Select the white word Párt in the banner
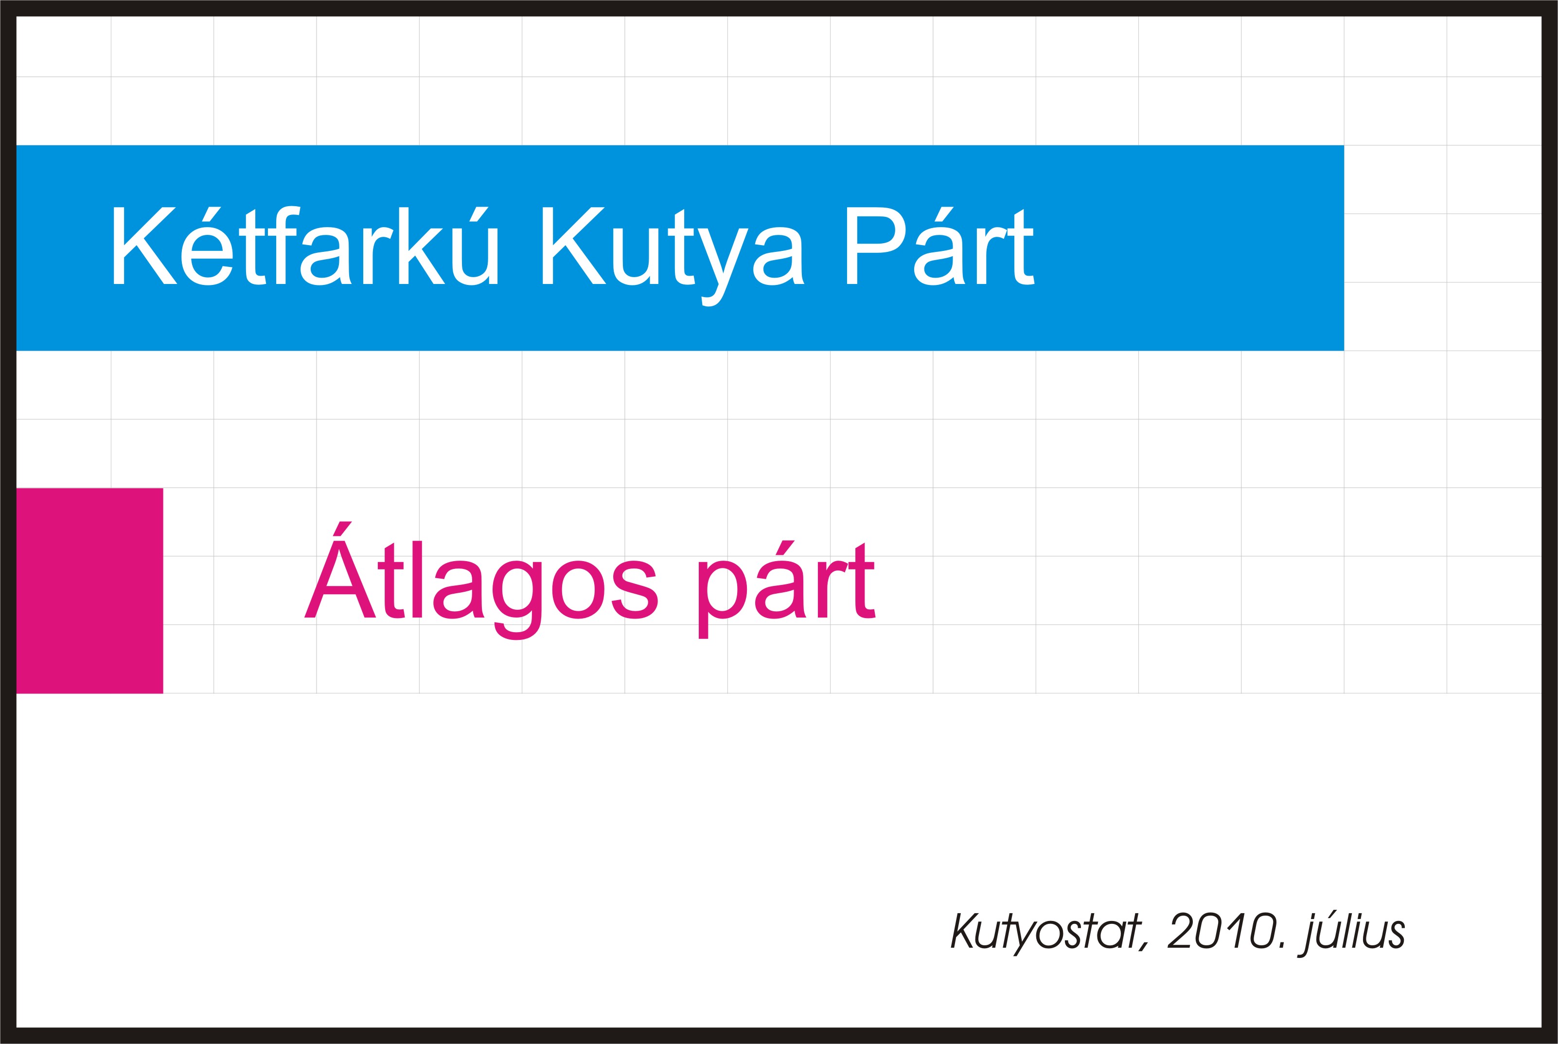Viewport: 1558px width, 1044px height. (940, 246)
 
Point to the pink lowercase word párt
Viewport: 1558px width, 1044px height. (786, 589)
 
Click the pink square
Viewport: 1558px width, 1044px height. (89, 591)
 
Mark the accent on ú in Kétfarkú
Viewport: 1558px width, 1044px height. (478, 214)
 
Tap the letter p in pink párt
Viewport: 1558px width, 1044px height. (723, 600)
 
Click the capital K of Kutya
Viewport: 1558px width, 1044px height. (574, 246)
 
